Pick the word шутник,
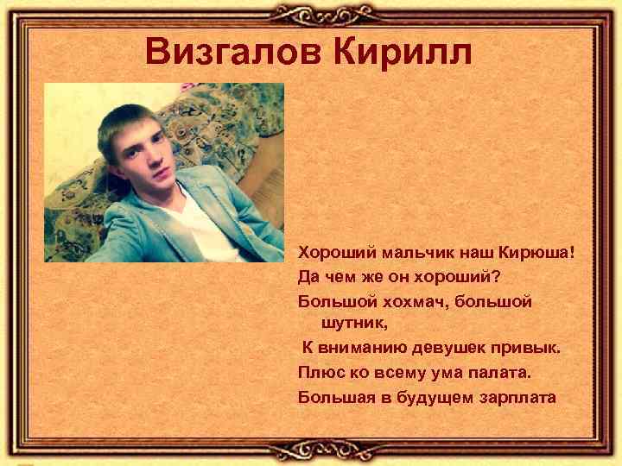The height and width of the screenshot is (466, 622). pos(355,324)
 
